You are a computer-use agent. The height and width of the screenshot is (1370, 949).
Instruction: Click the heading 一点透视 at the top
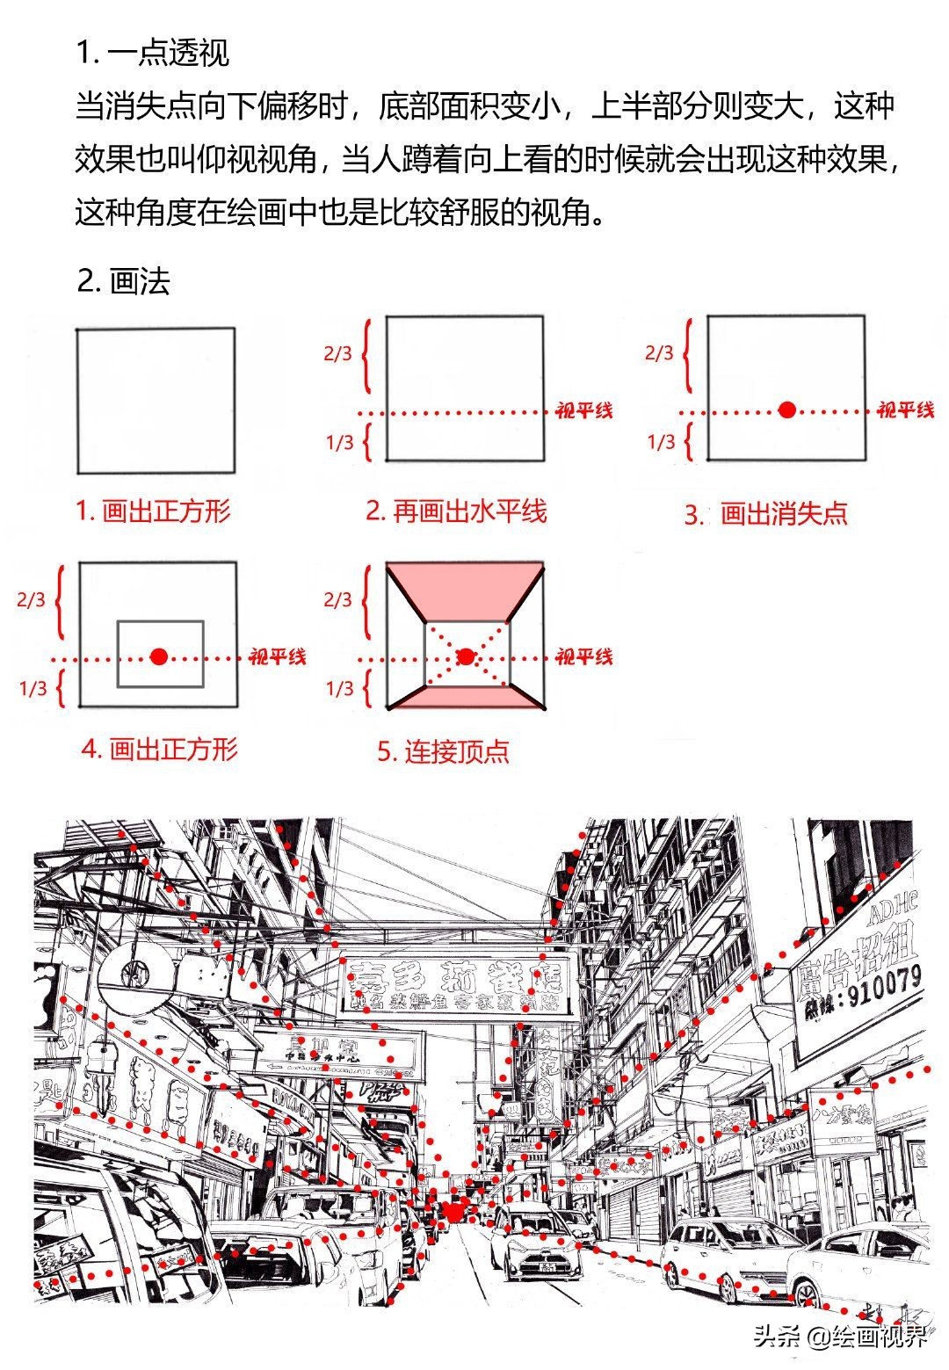click(x=153, y=53)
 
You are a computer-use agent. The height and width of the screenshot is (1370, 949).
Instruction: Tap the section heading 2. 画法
click(x=123, y=281)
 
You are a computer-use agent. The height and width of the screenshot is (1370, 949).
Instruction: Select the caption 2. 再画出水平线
click(x=456, y=511)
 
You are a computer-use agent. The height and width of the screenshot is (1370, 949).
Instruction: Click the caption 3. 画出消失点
click(x=766, y=514)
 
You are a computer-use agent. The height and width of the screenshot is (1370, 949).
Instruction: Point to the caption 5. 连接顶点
click(x=443, y=751)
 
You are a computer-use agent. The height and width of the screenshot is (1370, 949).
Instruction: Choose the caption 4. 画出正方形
click(x=159, y=750)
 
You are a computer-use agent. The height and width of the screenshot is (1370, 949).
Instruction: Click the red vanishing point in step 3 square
click(x=787, y=410)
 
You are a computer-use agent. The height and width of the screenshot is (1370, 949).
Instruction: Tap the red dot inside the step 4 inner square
click(x=158, y=656)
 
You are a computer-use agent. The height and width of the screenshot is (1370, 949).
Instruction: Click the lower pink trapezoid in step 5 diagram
click(x=466, y=697)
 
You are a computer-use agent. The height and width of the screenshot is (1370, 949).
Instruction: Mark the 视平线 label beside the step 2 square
click(x=583, y=410)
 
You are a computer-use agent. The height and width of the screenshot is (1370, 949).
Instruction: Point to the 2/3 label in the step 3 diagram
click(x=659, y=353)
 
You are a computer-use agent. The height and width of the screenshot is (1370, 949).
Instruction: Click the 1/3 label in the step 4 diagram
click(x=33, y=688)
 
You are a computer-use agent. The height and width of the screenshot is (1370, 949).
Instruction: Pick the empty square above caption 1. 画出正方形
click(x=156, y=401)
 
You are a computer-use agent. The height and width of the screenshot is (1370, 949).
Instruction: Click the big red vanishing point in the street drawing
click(x=454, y=1209)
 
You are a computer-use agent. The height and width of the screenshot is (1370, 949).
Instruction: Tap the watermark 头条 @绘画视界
click(x=839, y=1337)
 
